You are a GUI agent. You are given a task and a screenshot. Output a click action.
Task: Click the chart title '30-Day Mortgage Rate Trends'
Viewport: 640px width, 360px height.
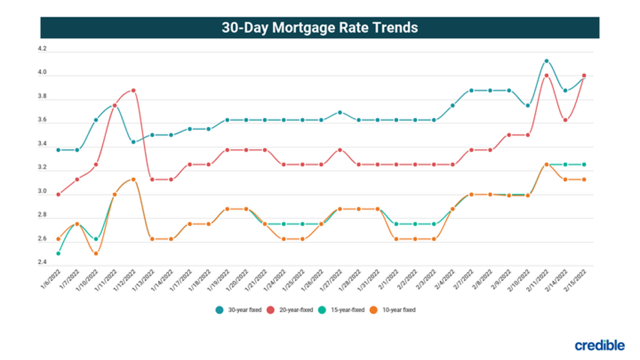[319, 27]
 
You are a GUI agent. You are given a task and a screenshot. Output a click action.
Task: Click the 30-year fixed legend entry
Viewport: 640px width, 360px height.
[238, 310]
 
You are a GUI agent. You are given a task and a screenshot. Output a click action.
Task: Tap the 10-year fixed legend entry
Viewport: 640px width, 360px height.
[393, 310]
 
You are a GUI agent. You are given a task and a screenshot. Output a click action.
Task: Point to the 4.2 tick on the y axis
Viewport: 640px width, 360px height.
[43, 49]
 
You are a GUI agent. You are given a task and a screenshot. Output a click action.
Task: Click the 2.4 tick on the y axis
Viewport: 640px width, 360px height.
[43, 263]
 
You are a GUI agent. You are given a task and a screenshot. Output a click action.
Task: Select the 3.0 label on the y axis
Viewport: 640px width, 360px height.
[43, 192]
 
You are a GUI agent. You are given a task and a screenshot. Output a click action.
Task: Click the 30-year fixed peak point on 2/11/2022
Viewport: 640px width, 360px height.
[546, 61]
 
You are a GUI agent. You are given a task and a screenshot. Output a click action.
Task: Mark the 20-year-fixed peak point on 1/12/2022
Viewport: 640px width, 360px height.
[133, 90]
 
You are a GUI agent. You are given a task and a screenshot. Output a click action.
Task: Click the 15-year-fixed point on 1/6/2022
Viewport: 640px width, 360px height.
[58, 254]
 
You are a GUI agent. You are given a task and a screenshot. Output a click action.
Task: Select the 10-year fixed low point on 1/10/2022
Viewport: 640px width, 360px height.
[95, 254]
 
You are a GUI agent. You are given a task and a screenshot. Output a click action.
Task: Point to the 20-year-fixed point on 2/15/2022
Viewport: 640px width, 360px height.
[584, 76]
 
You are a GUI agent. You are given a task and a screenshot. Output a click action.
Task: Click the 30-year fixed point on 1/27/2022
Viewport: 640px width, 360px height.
[339, 112]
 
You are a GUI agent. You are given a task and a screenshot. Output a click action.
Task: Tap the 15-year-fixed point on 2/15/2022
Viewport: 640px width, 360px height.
[584, 165]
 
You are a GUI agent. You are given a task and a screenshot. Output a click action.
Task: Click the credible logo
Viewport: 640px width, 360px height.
[600, 345]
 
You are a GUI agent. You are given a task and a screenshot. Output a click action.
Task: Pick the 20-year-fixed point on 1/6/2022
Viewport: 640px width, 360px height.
[58, 194]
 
